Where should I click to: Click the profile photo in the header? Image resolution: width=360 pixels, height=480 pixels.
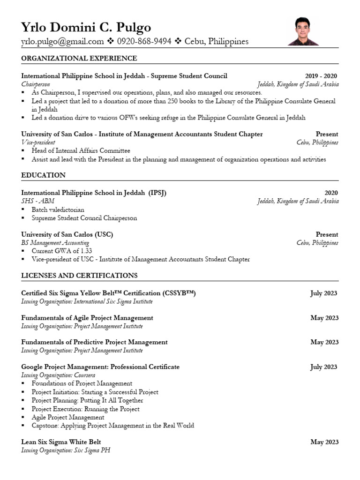pyautogui.click(x=303, y=31)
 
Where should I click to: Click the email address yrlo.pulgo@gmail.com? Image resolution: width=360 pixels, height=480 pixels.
pyautogui.click(x=62, y=42)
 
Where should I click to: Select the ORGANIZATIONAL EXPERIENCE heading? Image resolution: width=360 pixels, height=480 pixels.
pyautogui.click(x=79, y=58)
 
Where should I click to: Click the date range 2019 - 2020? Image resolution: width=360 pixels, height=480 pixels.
pyautogui.click(x=321, y=76)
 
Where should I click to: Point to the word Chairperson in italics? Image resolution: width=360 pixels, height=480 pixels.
pyautogui.click(x=36, y=84)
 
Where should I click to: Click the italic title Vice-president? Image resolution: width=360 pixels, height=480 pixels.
pyautogui.click(x=38, y=142)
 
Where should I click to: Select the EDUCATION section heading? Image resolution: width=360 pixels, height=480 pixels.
pyautogui.click(x=43, y=175)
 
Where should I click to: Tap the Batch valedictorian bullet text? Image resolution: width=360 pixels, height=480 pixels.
pyautogui.click(x=58, y=210)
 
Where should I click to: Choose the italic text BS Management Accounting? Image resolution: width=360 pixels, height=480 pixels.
pyautogui.click(x=55, y=243)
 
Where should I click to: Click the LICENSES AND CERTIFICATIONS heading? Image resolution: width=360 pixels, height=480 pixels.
pyautogui.click(x=79, y=275)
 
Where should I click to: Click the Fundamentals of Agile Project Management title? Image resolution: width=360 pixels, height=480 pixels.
pyautogui.click(x=87, y=318)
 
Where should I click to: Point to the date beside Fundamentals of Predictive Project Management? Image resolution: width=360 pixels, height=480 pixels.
pyautogui.click(x=324, y=342)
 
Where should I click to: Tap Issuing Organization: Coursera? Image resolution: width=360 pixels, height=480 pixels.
pyautogui.click(x=58, y=375)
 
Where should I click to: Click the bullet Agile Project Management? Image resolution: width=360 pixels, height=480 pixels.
pyautogui.click(x=68, y=417)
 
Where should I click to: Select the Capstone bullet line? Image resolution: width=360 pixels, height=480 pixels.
pyautogui.click(x=112, y=426)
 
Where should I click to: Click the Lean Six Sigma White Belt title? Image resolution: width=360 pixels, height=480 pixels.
pyautogui.click(x=61, y=442)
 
